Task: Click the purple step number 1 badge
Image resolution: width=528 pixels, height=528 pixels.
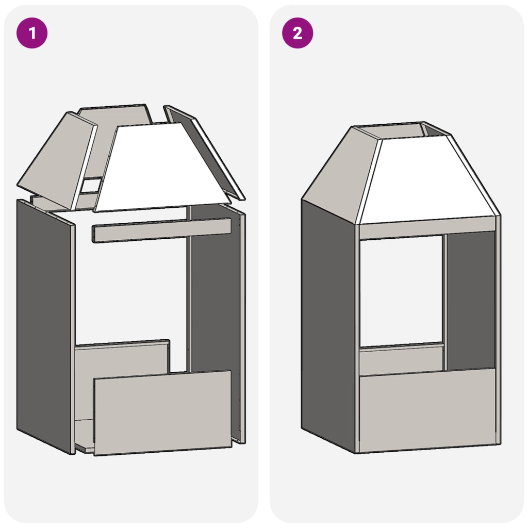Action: pos(32,33)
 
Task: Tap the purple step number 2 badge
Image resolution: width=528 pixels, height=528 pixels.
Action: pos(298,33)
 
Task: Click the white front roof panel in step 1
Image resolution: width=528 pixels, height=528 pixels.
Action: pos(161,169)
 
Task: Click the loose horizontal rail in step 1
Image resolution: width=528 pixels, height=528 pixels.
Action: pos(161,230)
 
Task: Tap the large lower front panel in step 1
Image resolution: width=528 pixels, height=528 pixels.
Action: pos(162,412)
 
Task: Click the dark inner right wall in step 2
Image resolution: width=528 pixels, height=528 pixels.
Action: pos(470,300)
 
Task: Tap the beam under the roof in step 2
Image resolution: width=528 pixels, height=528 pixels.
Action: pos(427,229)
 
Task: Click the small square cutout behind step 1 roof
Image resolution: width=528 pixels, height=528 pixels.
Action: pos(91,186)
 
